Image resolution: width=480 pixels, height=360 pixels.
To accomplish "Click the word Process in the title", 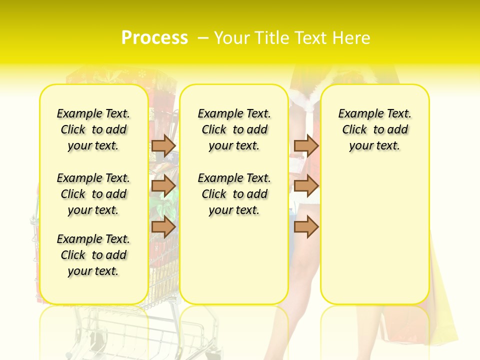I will [x=154, y=38].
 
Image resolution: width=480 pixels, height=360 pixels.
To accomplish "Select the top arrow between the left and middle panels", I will [x=163, y=145].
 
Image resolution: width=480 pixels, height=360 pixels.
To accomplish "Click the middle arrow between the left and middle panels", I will [x=163, y=186].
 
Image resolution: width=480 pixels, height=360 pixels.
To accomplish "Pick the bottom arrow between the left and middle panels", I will [x=163, y=227].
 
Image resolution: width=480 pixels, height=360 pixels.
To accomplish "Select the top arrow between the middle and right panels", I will [x=306, y=145].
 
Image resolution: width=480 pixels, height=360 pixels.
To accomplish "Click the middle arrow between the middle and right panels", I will [x=306, y=186].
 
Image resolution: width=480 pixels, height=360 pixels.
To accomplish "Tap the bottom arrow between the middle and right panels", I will [x=306, y=227].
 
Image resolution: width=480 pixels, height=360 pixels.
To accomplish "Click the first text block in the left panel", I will [x=93, y=129].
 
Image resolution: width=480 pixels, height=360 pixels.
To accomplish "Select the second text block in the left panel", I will [x=93, y=194].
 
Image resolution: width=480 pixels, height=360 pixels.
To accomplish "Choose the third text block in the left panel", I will [x=93, y=255].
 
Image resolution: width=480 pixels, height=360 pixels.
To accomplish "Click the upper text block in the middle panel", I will [x=234, y=129].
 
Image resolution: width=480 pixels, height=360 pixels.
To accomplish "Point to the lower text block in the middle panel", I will [x=234, y=194].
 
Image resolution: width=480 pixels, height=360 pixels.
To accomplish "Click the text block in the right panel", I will [x=374, y=129].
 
